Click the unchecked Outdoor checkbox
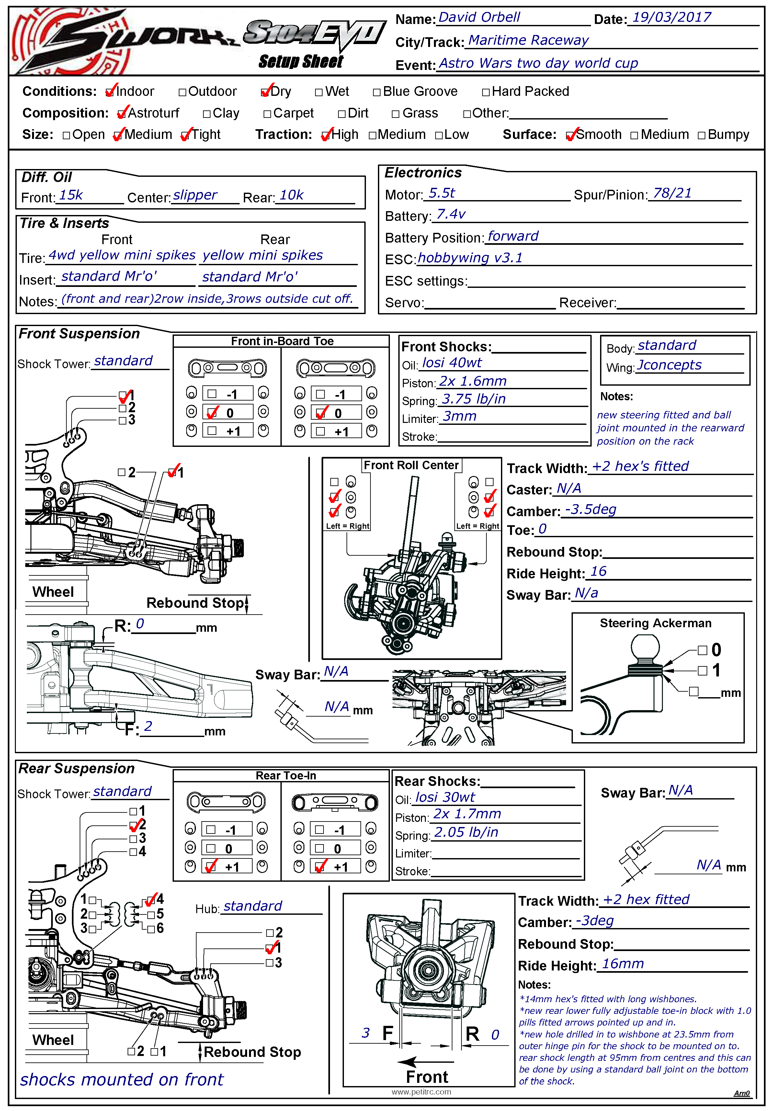(182, 92)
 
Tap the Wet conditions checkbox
(318, 92)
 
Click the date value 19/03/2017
(671, 18)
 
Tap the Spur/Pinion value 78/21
(672, 194)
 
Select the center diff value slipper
(195, 195)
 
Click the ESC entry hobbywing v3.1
(470, 258)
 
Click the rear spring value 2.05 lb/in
(466, 832)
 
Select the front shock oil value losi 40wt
(452, 363)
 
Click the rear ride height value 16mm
(622, 964)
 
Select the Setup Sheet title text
(301, 62)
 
